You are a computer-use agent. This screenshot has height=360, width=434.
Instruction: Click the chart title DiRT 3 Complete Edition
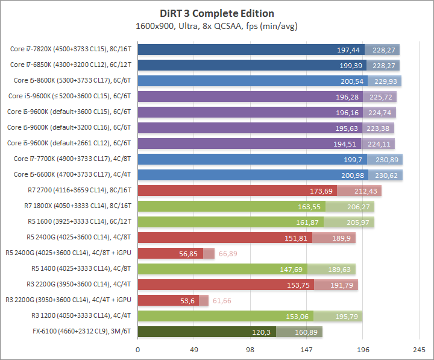(x=216, y=13)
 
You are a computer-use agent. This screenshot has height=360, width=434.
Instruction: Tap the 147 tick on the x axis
(x=306, y=349)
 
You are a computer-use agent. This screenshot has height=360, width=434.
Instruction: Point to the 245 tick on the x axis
(x=418, y=349)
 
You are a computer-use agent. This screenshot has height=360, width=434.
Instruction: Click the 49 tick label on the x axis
(x=194, y=349)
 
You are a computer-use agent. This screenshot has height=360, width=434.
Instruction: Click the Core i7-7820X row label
(x=74, y=49)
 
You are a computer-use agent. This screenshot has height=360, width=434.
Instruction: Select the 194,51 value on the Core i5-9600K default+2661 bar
(x=347, y=144)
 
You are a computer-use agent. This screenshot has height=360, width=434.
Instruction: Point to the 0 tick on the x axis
(x=138, y=349)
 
